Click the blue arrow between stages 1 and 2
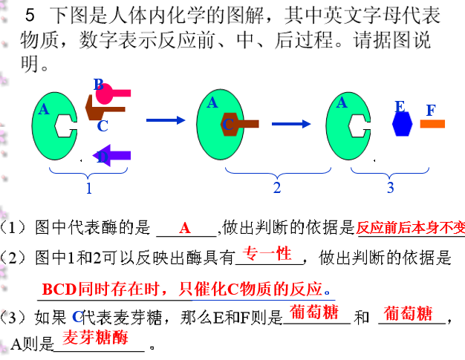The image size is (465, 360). coord(165,119)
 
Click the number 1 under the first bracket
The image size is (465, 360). coord(88,189)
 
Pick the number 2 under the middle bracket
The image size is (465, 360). coord(277,188)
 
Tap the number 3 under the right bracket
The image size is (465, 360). coord(390,188)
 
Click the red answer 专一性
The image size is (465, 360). coord(268,254)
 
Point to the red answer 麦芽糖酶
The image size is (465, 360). coord(94,338)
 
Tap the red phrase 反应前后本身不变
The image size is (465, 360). coord(410,227)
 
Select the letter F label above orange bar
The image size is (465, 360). coord(431,111)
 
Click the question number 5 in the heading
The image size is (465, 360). coord(30,15)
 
